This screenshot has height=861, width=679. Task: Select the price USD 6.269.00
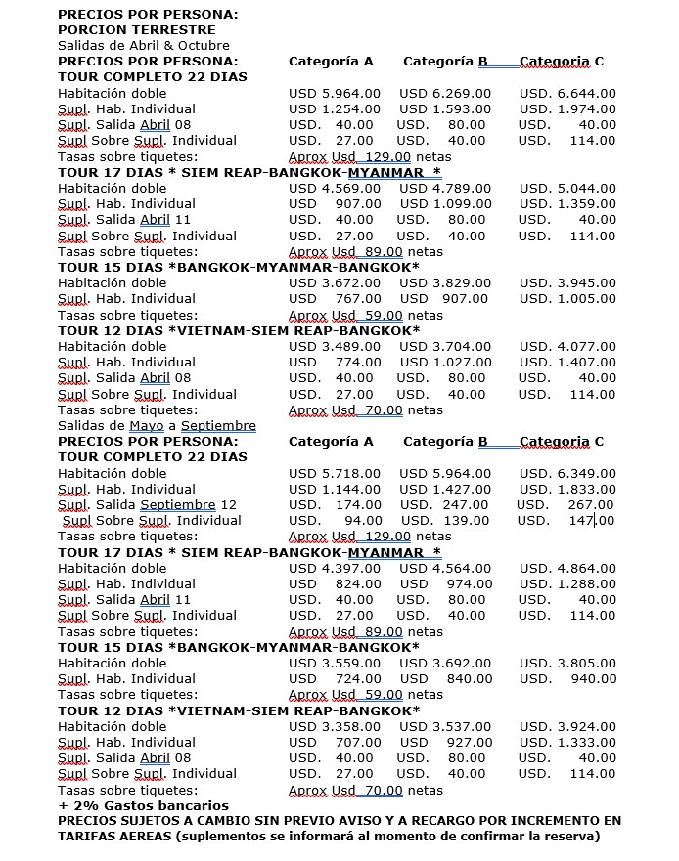445,93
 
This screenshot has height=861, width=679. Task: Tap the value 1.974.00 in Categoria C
587,108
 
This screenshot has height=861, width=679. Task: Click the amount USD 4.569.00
335,188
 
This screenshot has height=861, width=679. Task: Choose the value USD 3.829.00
445,282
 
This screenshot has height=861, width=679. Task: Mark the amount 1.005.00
587,299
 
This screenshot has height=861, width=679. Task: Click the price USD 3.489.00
335,346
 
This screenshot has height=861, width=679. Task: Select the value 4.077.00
587,346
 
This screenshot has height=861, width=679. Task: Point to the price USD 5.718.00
335,473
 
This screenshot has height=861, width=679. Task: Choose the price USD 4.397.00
335,568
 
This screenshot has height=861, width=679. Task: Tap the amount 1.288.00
587,584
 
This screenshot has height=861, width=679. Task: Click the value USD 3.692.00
445,663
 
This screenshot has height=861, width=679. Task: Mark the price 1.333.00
587,743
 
